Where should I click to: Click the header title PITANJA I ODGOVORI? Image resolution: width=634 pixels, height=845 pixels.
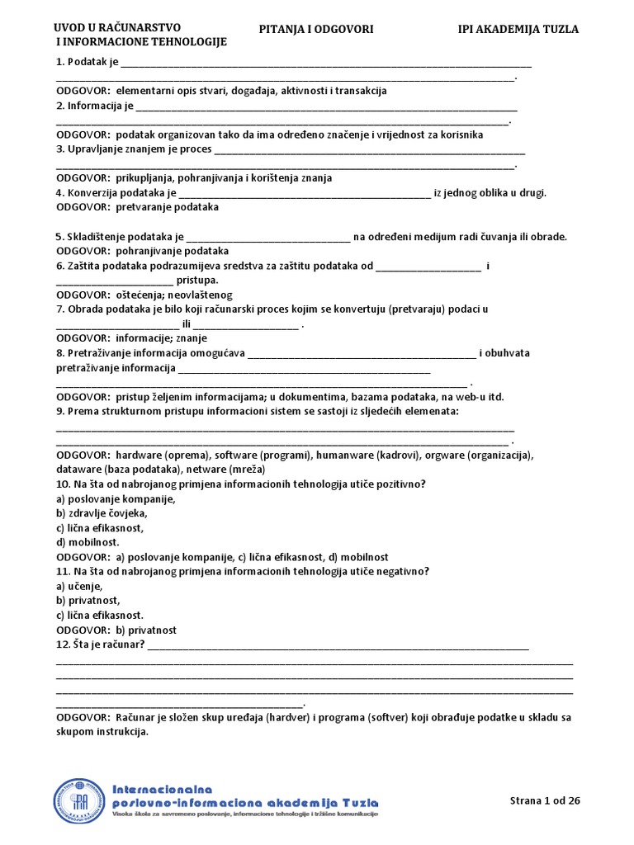click(316, 30)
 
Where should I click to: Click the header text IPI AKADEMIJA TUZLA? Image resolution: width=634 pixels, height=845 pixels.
click(518, 30)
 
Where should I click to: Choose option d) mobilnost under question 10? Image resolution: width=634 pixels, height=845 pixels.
click(88, 542)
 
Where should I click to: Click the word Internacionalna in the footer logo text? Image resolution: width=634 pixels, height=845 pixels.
click(163, 788)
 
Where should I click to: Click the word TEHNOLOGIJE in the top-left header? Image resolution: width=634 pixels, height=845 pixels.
click(187, 42)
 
